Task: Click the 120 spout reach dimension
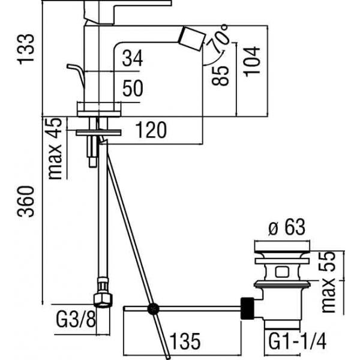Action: (148, 130)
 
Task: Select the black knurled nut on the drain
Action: (247, 308)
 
